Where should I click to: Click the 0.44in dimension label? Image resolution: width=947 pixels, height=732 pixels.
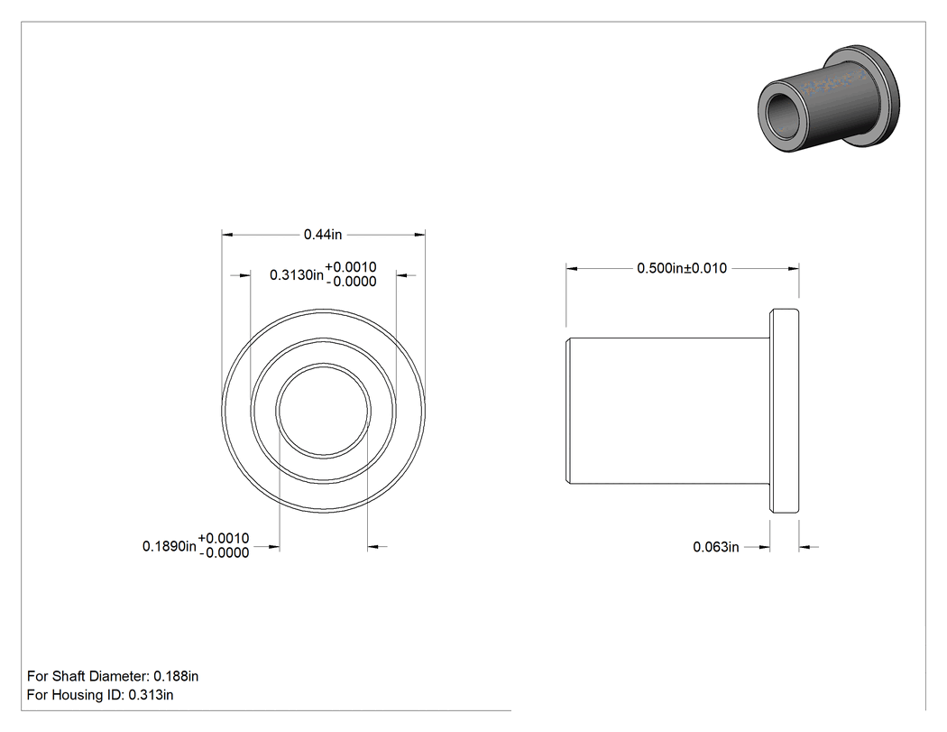click(323, 235)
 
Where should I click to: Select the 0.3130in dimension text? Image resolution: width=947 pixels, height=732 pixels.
click(297, 275)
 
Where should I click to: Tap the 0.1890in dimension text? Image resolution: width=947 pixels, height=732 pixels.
click(170, 546)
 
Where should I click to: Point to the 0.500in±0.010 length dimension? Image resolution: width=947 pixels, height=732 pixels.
click(682, 268)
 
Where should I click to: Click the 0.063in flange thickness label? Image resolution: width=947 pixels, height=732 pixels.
click(716, 547)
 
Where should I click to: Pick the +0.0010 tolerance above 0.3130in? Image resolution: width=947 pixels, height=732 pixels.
click(351, 267)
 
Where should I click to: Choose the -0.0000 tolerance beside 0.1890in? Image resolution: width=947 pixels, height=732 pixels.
click(224, 553)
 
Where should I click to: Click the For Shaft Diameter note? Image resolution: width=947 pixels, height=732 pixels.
click(113, 676)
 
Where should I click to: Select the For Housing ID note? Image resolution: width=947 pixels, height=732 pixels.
click(100, 695)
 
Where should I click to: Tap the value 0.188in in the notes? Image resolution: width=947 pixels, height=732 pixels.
click(176, 676)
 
